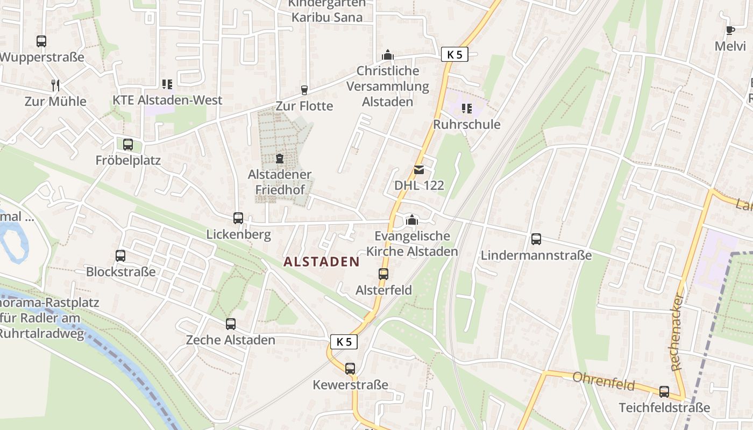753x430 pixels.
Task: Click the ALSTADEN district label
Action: tap(321, 262)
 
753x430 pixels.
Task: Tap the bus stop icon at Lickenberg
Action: tap(238, 218)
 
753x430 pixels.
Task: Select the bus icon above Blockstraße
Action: tap(120, 256)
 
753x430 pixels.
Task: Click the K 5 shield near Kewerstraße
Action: tap(344, 341)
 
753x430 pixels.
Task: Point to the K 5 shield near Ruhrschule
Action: tap(454, 54)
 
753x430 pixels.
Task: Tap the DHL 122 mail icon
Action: tap(419, 170)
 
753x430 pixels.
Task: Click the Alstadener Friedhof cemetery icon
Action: tap(280, 159)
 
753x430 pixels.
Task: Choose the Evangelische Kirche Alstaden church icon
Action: tap(412, 219)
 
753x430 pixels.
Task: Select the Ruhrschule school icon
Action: tap(467, 109)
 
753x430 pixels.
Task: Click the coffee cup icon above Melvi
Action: tap(730, 30)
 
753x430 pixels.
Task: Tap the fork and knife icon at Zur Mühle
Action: tap(55, 85)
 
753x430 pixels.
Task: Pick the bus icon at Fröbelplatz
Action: tap(128, 144)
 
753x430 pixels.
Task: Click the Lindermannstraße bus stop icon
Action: tap(536, 239)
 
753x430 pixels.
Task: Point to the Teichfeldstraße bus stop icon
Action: tap(664, 392)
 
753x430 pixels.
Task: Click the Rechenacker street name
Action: tap(677, 332)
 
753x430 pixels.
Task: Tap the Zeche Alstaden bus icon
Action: tap(231, 324)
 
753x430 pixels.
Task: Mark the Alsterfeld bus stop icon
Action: tap(383, 274)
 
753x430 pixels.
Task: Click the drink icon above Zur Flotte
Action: tap(304, 90)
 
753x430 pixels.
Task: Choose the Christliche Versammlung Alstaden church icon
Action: tap(387, 55)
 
